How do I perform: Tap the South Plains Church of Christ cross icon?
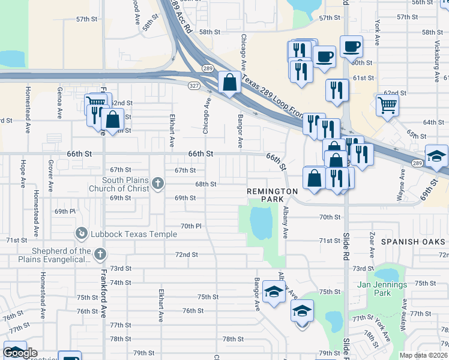[x=158, y=183]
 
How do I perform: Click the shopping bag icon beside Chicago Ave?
[x=229, y=82]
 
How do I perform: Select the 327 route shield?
[x=194, y=86]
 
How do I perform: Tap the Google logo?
[x=20, y=353]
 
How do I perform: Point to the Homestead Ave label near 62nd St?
[x=28, y=108]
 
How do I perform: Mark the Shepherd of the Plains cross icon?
[x=100, y=254]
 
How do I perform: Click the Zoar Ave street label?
[x=373, y=243]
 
